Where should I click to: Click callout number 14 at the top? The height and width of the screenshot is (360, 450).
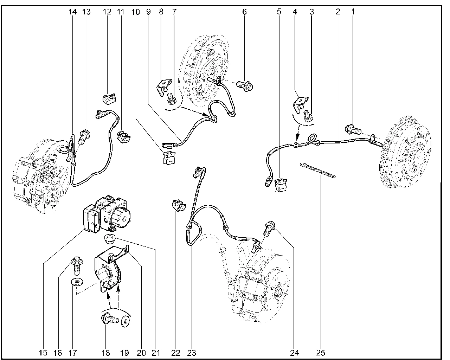coord(72,12)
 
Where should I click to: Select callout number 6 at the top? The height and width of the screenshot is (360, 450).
coord(244,12)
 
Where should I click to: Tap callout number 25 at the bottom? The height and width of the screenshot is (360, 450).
coord(320,353)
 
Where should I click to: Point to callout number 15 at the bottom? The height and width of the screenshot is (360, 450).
coord(43,353)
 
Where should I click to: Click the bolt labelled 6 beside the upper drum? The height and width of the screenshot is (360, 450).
coord(245,85)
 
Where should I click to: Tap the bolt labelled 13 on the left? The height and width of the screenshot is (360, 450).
coord(84,137)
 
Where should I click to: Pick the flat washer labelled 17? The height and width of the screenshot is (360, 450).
coord(77,282)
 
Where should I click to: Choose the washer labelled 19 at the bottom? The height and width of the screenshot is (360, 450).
coord(126,321)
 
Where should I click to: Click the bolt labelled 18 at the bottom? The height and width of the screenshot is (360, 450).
coord(110,319)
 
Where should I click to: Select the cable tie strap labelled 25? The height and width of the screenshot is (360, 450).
coord(317,170)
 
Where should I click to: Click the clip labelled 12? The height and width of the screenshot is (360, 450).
coord(109,99)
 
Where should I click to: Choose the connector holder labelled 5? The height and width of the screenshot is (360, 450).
coord(281,185)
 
